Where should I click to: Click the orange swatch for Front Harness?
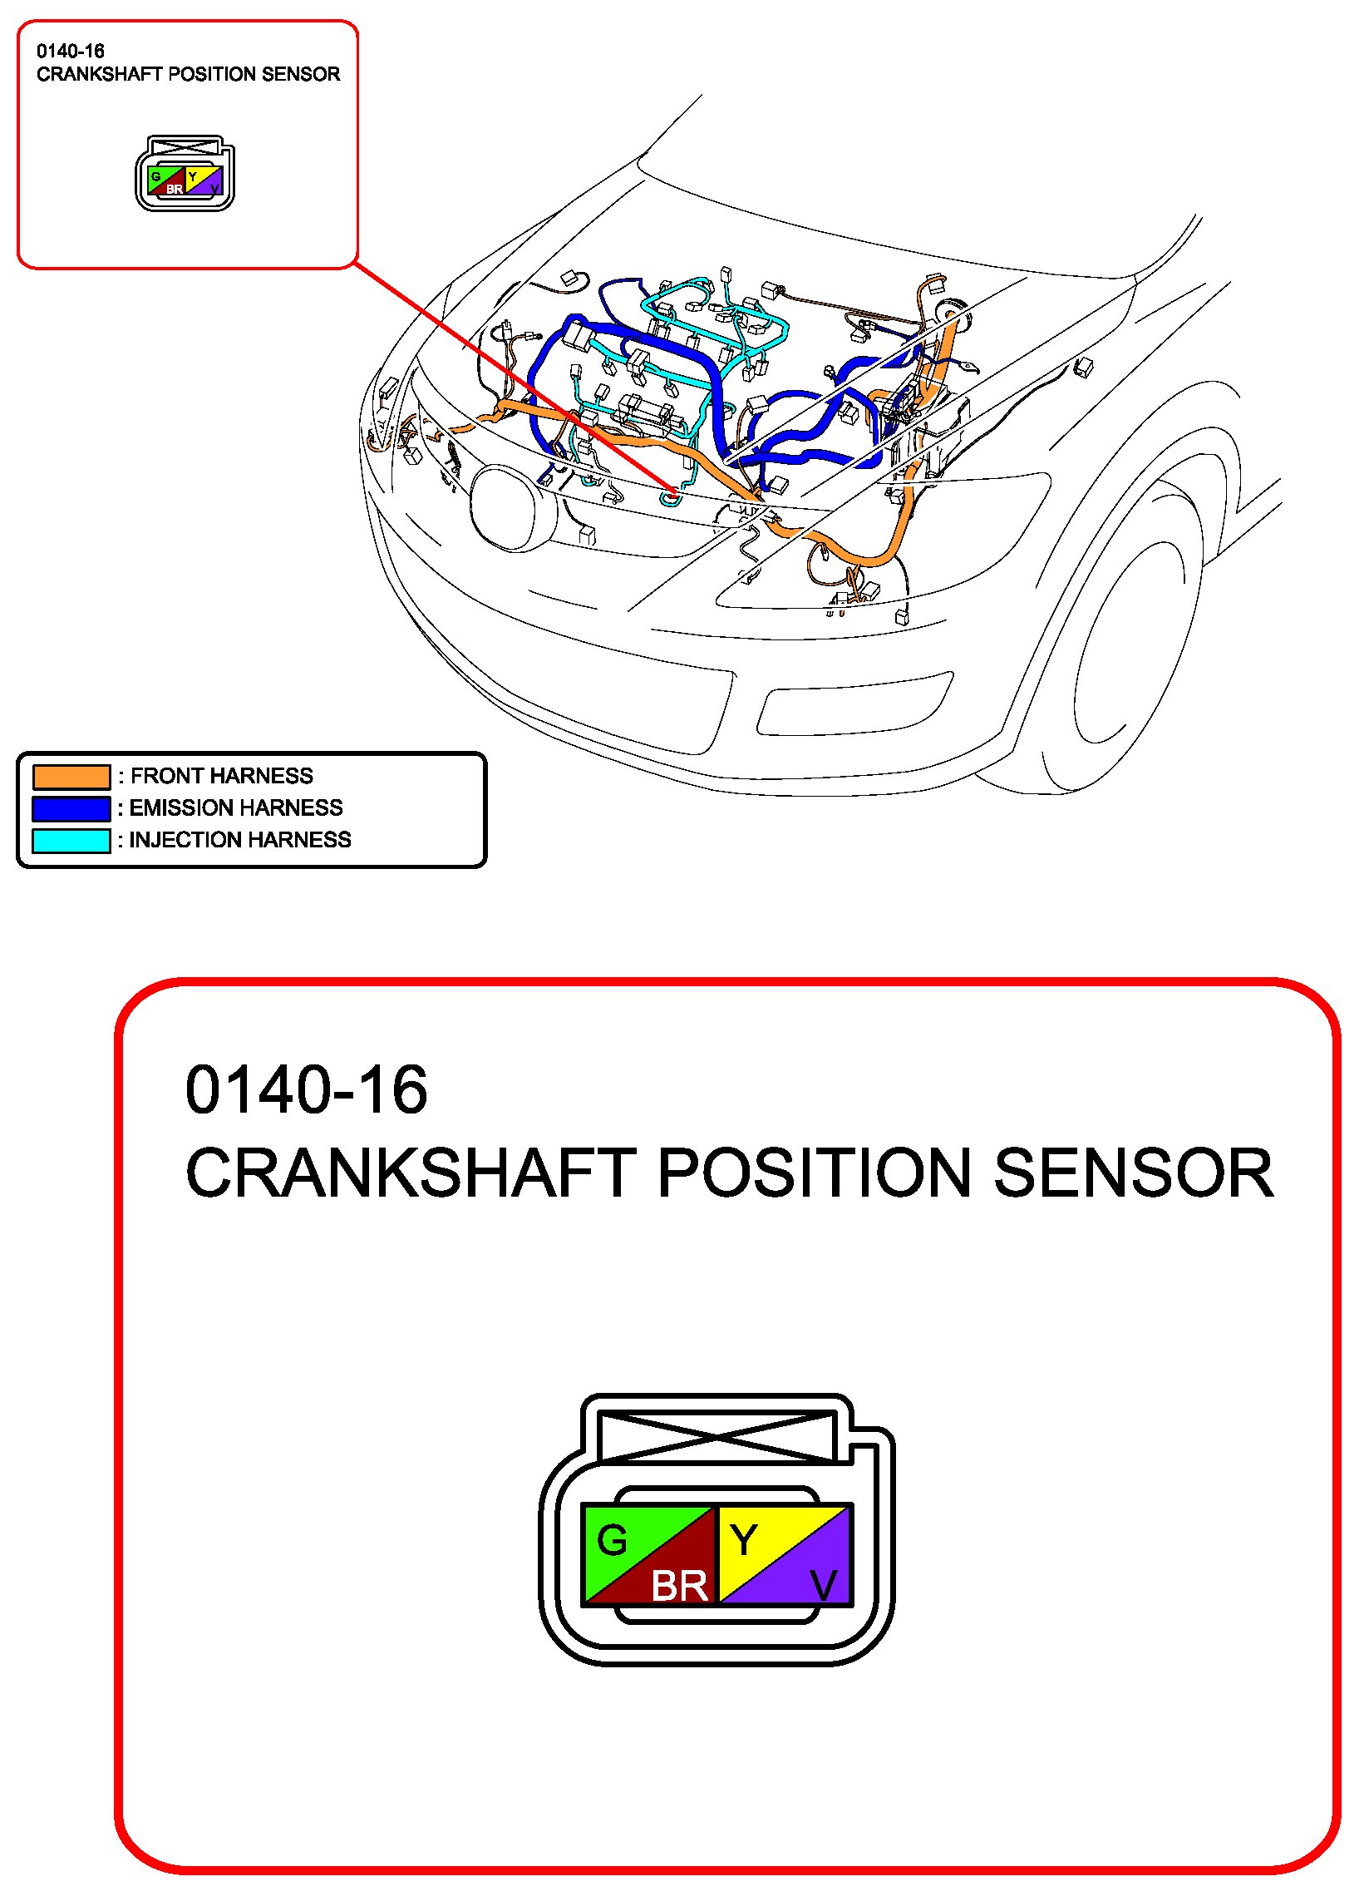71,776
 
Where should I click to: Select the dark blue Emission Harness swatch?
71,808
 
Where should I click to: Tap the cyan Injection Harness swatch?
71,840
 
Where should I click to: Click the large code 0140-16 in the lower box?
306,1090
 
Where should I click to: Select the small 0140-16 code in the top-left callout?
71,51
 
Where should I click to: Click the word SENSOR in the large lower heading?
1133,1173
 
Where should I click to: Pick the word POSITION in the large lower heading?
814,1173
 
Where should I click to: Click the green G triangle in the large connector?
620,1536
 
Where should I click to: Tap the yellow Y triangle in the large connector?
754,1536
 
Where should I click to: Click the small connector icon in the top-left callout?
185,174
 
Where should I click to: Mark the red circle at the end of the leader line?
674,492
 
